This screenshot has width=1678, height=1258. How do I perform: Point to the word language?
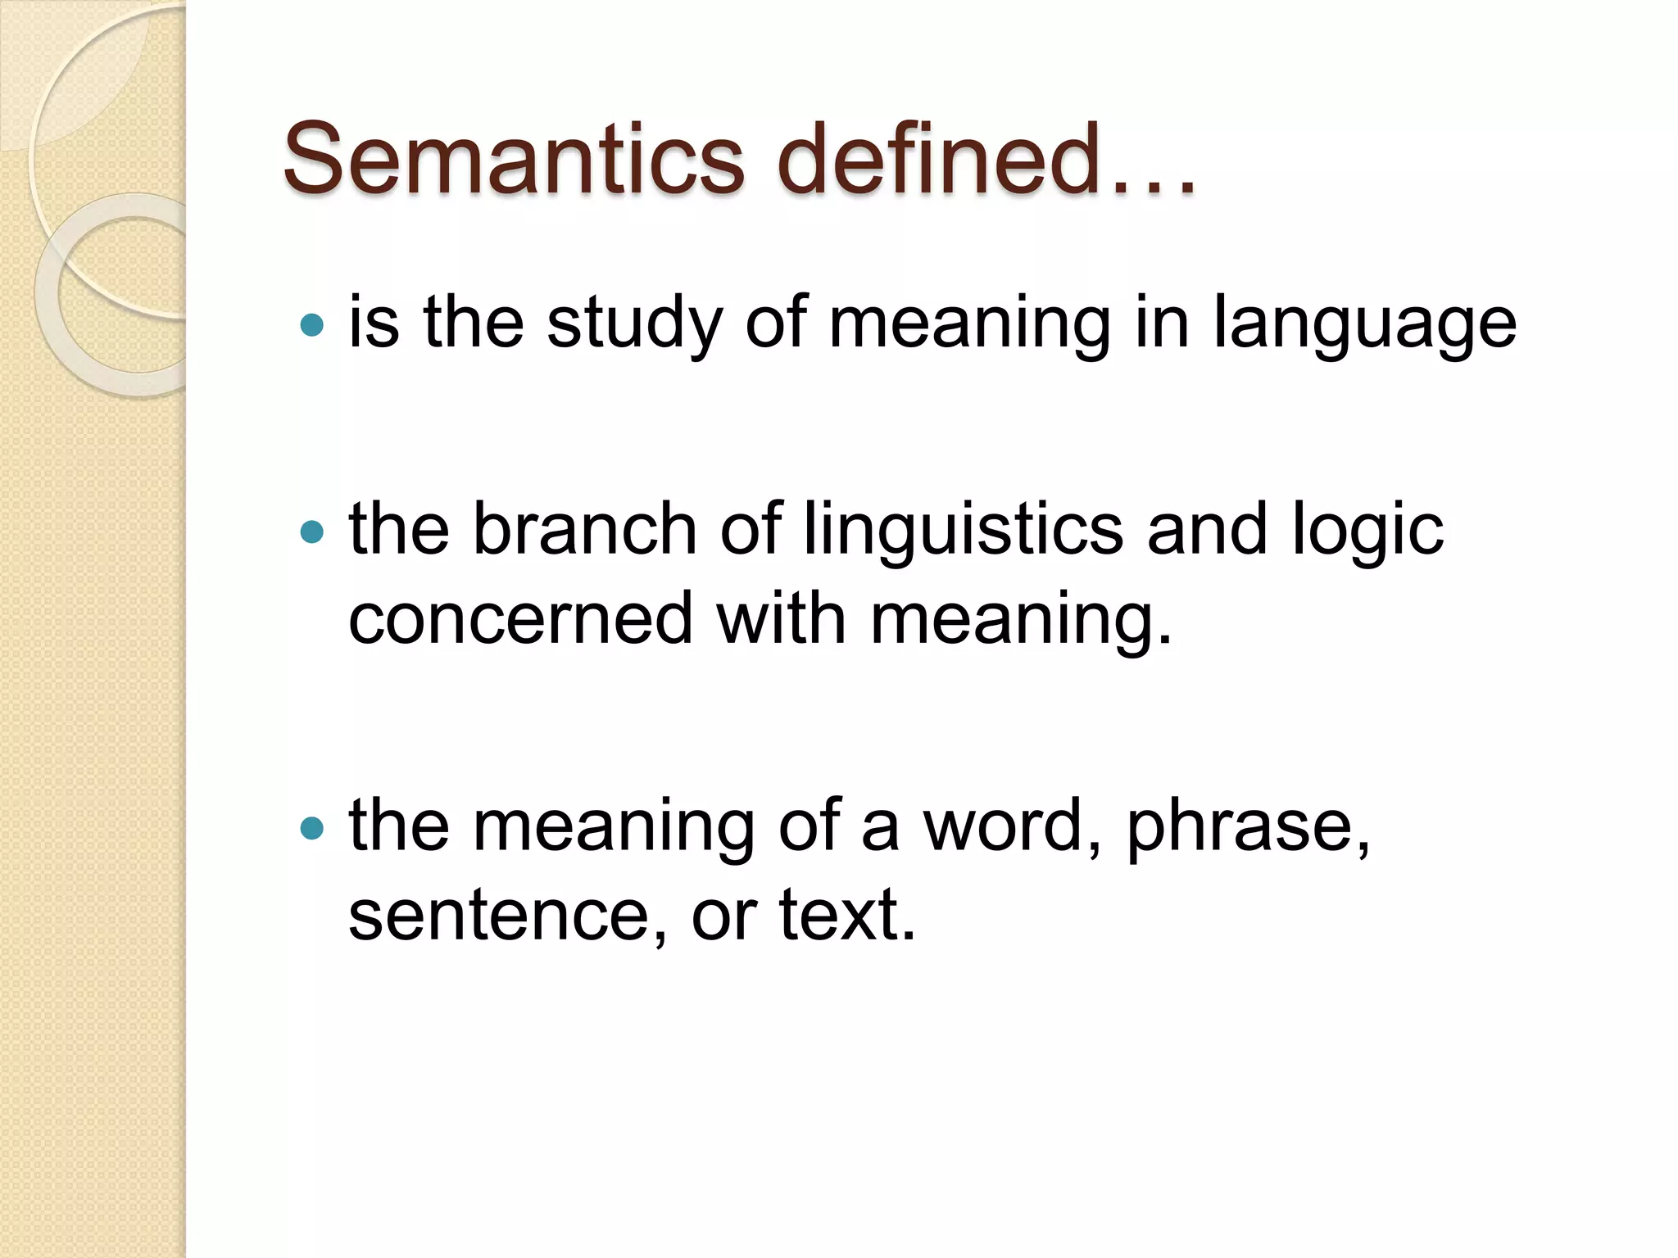(1364, 324)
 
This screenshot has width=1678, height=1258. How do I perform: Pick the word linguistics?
(964, 531)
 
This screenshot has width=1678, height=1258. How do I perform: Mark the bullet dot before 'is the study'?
(312, 326)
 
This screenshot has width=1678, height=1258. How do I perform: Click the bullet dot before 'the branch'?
(312, 533)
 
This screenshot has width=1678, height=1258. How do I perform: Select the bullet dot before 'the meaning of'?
(312, 828)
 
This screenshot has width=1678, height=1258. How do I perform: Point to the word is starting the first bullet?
(374, 323)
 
